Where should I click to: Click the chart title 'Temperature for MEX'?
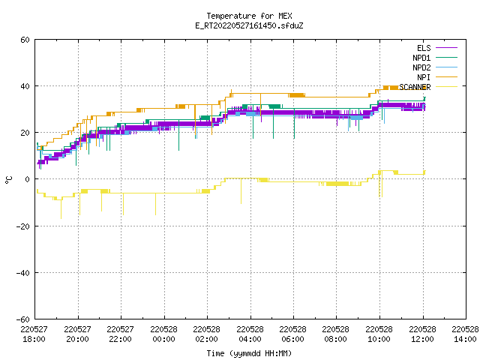249,16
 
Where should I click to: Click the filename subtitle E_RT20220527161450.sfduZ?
249,25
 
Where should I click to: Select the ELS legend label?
424,48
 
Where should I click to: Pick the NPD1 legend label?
421,58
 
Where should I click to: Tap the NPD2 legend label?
421,67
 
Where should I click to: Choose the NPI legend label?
424,77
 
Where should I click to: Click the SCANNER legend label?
415,87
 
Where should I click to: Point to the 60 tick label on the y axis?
25,40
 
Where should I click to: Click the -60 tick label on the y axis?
23,319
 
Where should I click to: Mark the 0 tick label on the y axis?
28,179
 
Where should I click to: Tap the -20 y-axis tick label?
23,226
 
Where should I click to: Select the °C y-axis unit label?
9,180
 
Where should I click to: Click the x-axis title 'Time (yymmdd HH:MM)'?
249,353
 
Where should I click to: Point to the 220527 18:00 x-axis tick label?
34,334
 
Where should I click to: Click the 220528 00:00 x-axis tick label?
163,334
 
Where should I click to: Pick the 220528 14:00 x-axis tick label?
465,334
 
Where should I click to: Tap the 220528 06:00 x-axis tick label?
293,334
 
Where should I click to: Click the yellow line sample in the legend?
446,87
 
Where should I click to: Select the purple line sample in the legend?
446,48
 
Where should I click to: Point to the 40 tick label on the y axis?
25,86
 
